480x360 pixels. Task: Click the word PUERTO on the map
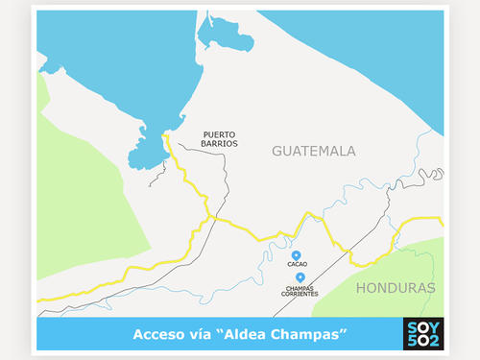[x=219, y=133]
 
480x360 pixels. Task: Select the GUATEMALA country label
[x=313, y=152]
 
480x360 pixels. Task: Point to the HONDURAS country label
[x=395, y=288]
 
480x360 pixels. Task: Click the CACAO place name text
[x=296, y=263]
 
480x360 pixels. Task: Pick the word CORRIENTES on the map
[x=300, y=293]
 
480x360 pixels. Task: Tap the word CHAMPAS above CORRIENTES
[x=300, y=286]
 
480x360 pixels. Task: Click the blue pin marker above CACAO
[x=296, y=254]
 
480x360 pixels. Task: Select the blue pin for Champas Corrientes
[x=300, y=276]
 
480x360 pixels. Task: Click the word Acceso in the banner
[x=158, y=334]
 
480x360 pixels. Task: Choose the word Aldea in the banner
[x=248, y=334]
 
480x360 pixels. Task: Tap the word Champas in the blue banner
[x=312, y=334]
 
